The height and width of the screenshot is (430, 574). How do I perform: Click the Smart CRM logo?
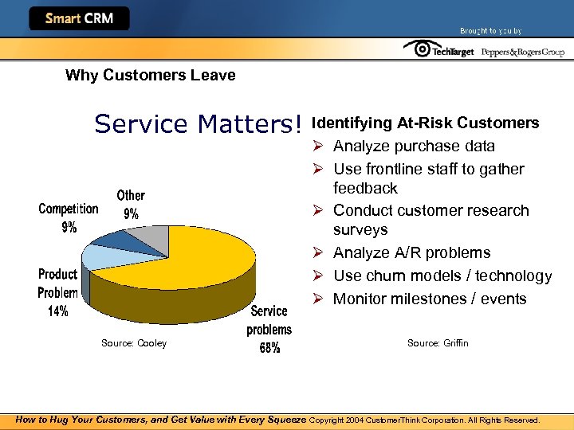[79, 18]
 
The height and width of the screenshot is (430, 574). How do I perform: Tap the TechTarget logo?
[439, 50]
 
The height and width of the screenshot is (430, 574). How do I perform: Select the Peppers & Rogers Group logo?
[523, 52]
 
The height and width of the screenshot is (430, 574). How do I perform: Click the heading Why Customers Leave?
[150, 76]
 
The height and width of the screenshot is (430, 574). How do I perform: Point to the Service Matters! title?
[199, 124]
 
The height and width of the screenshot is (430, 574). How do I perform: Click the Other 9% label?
[131, 204]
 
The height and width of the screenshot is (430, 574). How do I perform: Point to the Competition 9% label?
[69, 217]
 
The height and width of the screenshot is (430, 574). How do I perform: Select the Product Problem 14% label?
[58, 292]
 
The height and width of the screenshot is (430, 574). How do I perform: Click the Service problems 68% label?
[269, 329]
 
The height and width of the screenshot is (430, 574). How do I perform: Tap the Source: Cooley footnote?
[134, 343]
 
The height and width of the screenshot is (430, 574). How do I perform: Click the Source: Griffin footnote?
[438, 343]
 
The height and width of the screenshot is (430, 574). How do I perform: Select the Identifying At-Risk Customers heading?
[426, 123]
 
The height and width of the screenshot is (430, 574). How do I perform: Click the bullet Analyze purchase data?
[414, 147]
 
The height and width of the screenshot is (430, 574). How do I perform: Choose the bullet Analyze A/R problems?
[411, 253]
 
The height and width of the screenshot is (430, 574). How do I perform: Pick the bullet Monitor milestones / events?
[430, 299]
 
